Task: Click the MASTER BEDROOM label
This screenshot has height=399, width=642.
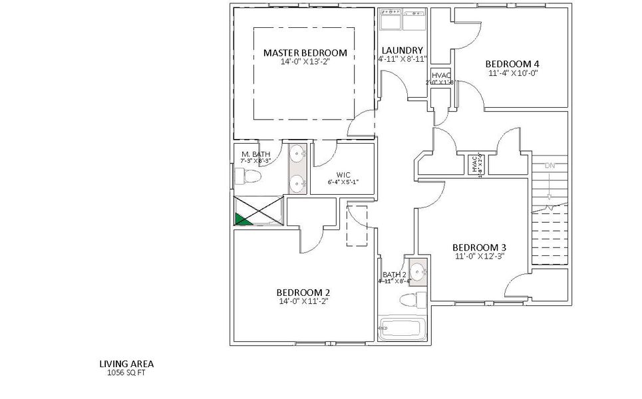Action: [305, 53]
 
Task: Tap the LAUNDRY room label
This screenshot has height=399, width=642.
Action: [402, 51]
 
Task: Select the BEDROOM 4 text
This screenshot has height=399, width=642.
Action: [512, 64]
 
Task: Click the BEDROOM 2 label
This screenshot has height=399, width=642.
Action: [303, 292]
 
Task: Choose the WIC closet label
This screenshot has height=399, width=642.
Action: [343, 175]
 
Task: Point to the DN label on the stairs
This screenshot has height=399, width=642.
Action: [550, 166]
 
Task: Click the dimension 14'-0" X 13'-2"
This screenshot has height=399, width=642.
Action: [305, 62]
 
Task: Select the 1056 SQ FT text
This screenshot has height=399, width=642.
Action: [126, 373]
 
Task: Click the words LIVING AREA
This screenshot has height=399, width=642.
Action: [126, 364]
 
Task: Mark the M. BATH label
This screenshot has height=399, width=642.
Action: [255, 154]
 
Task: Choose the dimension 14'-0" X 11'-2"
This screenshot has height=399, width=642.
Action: [303, 301]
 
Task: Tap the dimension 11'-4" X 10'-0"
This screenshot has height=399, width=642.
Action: [512, 73]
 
